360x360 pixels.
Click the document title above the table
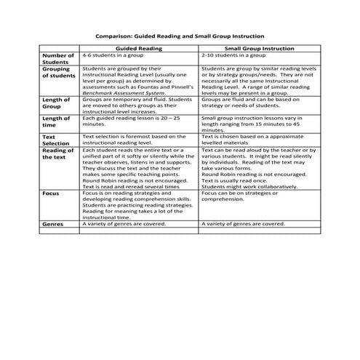click(x=180, y=36)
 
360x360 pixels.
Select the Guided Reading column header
click(x=139, y=47)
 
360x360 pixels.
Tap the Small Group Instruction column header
click(x=259, y=47)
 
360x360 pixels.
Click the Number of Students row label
click(x=58, y=59)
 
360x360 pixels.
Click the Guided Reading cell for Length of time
click(x=138, y=121)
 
